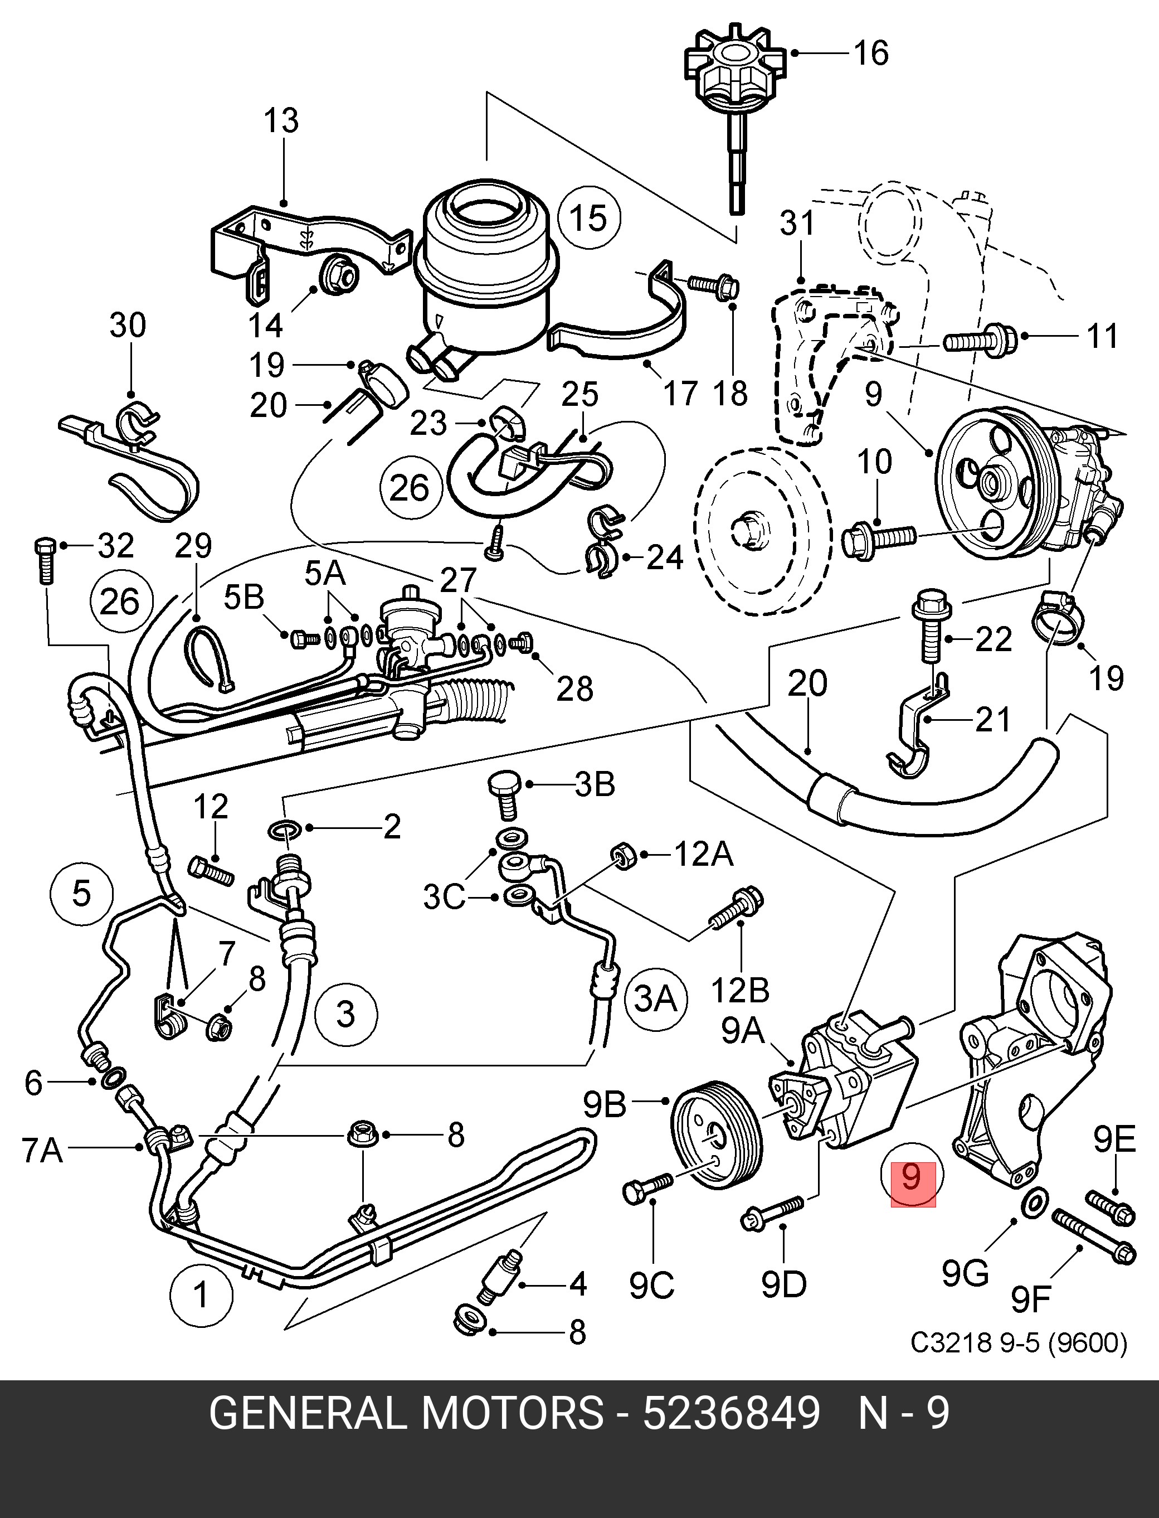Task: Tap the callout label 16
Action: coord(871,53)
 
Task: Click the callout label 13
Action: coord(281,121)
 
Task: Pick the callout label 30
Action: coord(128,325)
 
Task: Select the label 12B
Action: coord(740,990)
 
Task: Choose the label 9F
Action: coord(1030,1301)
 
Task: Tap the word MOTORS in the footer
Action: coord(512,1414)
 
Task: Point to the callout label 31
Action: coord(797,223)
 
